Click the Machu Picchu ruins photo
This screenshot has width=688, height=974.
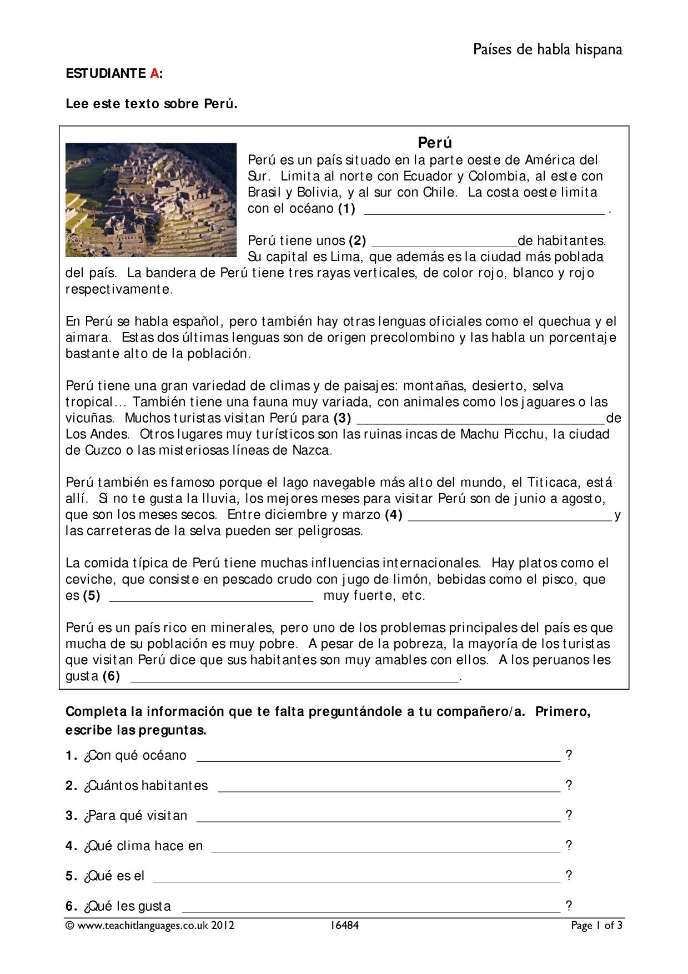(x=151, y=200)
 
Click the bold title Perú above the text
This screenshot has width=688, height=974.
(x=435, y=143)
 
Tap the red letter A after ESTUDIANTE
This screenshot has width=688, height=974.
(x=154, y=73)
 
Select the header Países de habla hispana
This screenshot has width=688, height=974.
(x=548, y=50)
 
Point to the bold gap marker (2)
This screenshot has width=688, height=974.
(x=358, y=240)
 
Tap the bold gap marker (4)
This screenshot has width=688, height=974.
(x=393, y=515)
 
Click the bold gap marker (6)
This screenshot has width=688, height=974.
(x=111, y=676)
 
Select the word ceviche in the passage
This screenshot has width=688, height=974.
(x=88, y=579)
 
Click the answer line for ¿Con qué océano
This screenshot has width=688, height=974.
(x=379, y=759)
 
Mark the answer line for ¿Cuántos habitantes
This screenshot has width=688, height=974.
(x=389, y=789)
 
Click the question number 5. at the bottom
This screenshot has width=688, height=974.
(x=71, y=876)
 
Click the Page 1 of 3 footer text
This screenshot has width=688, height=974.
(x=597, y=926)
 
